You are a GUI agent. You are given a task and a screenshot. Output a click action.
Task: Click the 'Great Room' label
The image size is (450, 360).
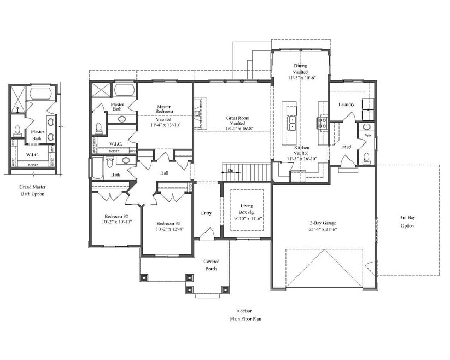[237, 118]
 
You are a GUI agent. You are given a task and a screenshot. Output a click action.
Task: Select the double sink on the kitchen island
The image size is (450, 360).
[292, 123]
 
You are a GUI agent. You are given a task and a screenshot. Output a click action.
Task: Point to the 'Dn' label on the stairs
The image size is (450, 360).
[231, 171]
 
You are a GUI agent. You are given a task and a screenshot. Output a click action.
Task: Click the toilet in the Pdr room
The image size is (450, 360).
[367, 158]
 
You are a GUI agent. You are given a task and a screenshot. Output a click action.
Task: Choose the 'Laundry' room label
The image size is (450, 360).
[346, 104]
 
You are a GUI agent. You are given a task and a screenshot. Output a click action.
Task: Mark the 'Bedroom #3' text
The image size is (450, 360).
[168, 224]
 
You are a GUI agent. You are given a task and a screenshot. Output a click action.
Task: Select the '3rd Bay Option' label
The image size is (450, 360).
[407, 222]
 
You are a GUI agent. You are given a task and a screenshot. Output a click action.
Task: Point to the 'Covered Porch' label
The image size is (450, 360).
[211, 265]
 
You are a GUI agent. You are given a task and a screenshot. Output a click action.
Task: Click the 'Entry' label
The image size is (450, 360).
[206, 213]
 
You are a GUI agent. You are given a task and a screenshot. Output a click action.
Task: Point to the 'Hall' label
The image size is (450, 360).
[164, 173]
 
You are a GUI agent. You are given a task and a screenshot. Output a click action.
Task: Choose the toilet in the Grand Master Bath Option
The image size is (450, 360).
[17, 130]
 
